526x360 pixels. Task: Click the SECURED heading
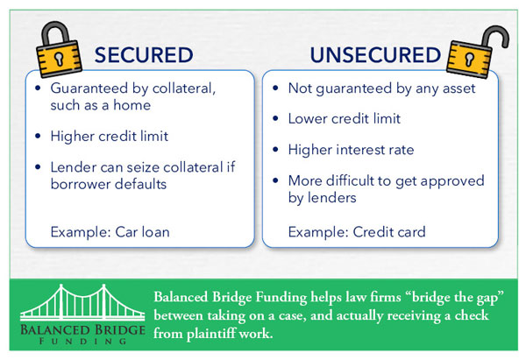pos(143,55)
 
